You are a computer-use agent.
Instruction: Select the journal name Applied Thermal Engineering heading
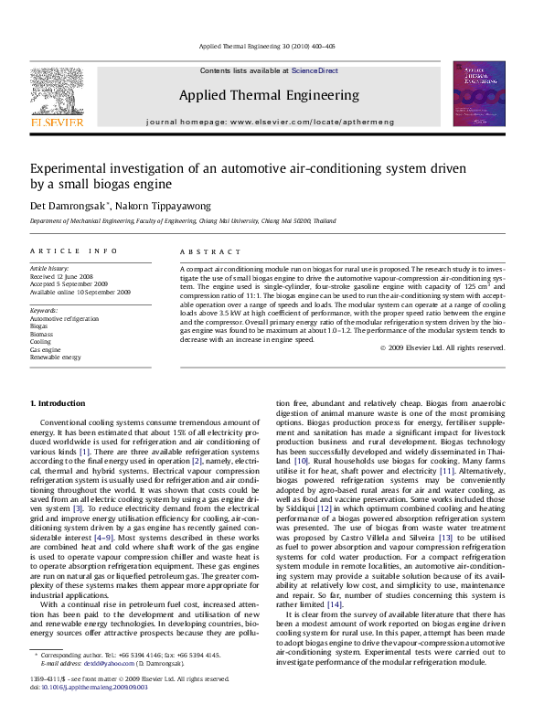coord(269,95)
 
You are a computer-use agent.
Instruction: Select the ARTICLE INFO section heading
coord(74,251)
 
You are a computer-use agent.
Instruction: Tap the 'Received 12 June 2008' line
coord(61,275)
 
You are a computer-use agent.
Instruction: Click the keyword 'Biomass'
coord(42,335)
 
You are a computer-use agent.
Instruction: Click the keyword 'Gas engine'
coord(46,349)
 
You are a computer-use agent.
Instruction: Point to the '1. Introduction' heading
coord(59,403)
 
